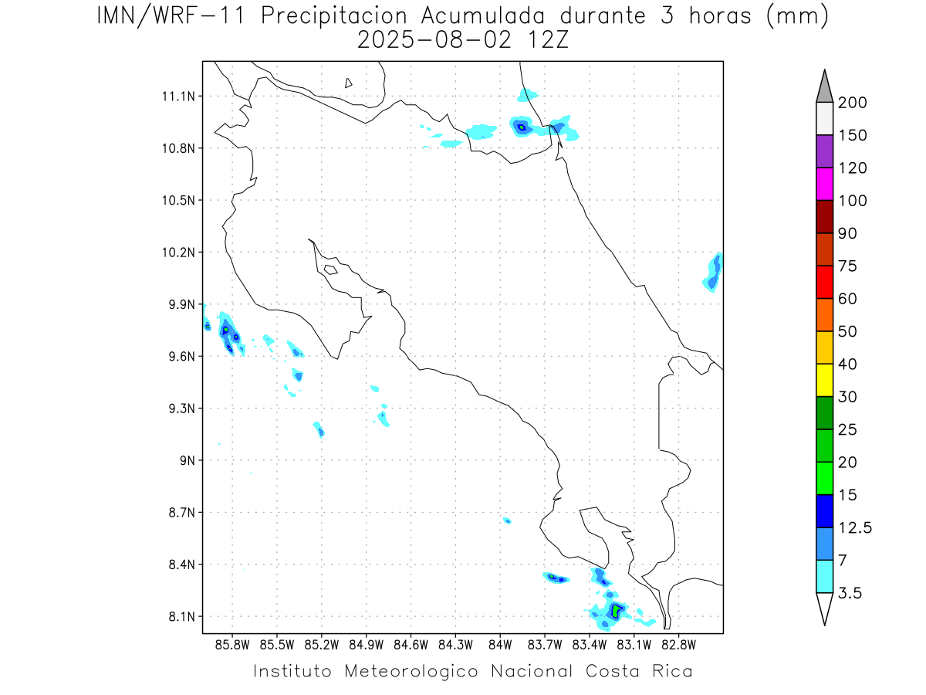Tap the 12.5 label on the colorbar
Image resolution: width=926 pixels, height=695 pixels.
pyautogui.click(x=855, y=527)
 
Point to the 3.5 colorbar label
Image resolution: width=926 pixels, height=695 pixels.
pyautogui.click(x=851, y=593)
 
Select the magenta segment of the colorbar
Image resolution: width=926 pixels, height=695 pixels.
pyautogui.click(x=824, y=184)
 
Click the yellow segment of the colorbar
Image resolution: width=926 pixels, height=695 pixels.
pyautogui.click(x=824, y=380)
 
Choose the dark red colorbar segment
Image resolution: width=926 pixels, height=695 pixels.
pyautogui.click(x=824, y=216)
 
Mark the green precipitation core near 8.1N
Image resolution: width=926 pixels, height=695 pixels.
pyautogui.click(x=615, y=611)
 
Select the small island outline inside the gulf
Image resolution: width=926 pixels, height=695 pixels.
pyautogui.click(x=330, y=270)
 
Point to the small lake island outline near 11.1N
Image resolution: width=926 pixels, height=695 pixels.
pyautogui.click(x=349, y=83)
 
